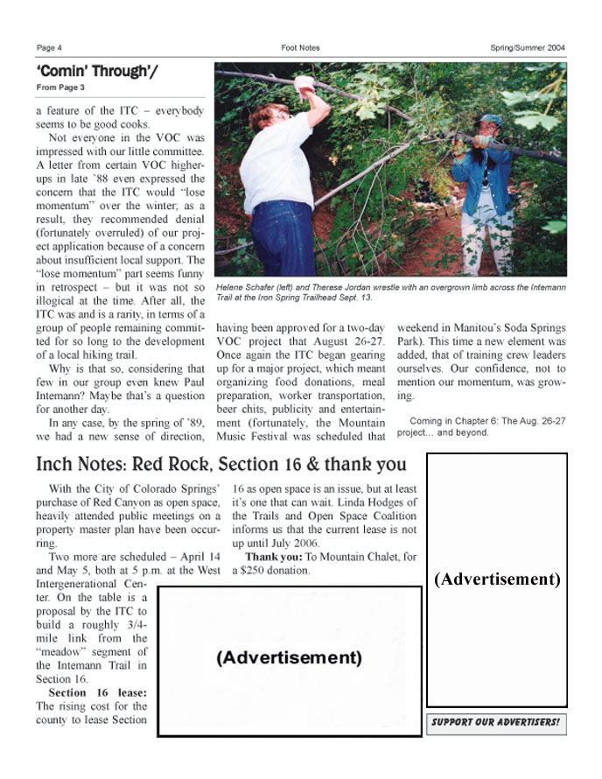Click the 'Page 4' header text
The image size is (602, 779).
coord(49,47)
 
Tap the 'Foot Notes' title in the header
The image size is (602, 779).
coord(300,47)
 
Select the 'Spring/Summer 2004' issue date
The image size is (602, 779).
coord(528,47)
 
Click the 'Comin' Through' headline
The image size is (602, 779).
coord(97,71)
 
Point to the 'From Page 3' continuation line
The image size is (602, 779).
coord(60,88)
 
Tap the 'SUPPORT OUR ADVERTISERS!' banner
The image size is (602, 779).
coord(496,724)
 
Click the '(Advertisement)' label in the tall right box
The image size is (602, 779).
coord(496,579)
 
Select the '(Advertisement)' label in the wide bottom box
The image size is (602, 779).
coord(288,657)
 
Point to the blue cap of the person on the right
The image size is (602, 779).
coord(491,120)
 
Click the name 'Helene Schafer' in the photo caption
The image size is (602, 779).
coord(248,287)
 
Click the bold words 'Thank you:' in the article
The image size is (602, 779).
coord(273,556)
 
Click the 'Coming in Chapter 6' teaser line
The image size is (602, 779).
coord(464,420)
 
